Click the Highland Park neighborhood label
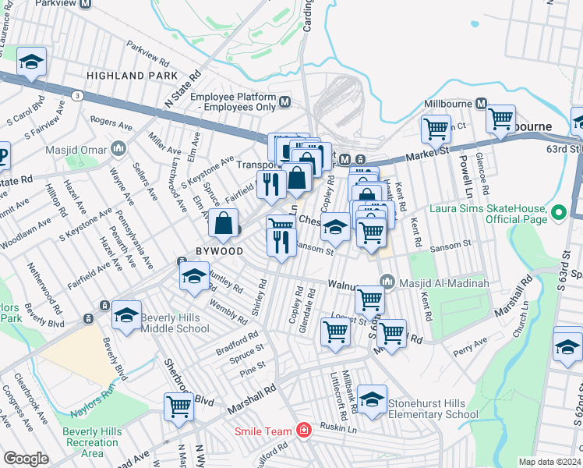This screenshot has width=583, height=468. (126, 76)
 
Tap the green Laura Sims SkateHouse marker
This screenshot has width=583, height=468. (558, 211)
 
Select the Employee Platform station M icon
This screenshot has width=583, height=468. (285, 101)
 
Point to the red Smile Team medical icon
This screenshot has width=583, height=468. (303, 431)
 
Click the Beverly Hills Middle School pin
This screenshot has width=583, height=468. (126, 317)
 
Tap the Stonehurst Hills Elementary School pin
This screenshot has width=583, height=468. (373, 401)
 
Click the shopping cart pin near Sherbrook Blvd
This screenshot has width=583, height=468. (178, 407)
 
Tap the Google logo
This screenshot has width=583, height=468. (26, 459)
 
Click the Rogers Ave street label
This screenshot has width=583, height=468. (111, 122)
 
